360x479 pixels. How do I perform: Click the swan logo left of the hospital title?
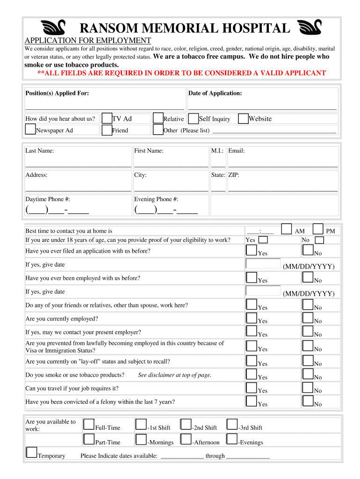click(53, 28)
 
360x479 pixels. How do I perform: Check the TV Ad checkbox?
click(107, 118)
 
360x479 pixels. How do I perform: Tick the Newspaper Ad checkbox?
click(30, 129)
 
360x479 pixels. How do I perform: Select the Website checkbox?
click(243, 118)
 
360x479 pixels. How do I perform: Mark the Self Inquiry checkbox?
click(193, 118)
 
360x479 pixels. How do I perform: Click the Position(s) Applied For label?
click(57, 94)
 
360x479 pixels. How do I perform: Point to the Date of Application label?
click(215, 94)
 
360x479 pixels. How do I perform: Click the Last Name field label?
click(40, 151)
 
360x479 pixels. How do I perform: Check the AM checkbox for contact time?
click(287, 229)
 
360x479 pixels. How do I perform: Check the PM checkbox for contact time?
click(318, 229)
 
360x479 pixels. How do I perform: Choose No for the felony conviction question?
click(308, 401)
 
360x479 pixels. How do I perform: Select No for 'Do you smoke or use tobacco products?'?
click(308, 374)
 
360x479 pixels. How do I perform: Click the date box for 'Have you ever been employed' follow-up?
click(263, 290)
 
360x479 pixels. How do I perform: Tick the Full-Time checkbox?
click(89, 424)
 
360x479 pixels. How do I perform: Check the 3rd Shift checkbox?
click(232, 424)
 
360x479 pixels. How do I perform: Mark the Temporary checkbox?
click(32, 452)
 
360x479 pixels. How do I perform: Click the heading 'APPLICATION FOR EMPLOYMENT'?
click(88, 41)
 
